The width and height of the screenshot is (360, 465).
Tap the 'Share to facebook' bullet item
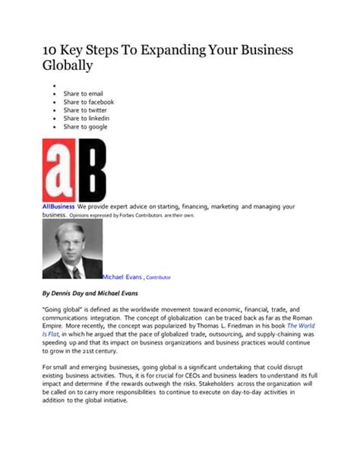pyautogui.click(x=89, y=101)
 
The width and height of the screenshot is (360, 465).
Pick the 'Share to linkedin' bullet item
pyautogui.click(x=87, y=119)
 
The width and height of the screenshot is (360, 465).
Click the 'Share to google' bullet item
pyautogui.click(x=86, y=127)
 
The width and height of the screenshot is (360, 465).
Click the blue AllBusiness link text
pyautogui.click(x=58, y=207)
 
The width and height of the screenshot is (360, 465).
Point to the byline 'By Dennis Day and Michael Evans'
pyautogui.click(x=92, y=292)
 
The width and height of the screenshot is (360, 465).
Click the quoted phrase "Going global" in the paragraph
pyautogui.click(x=63, y=310)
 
